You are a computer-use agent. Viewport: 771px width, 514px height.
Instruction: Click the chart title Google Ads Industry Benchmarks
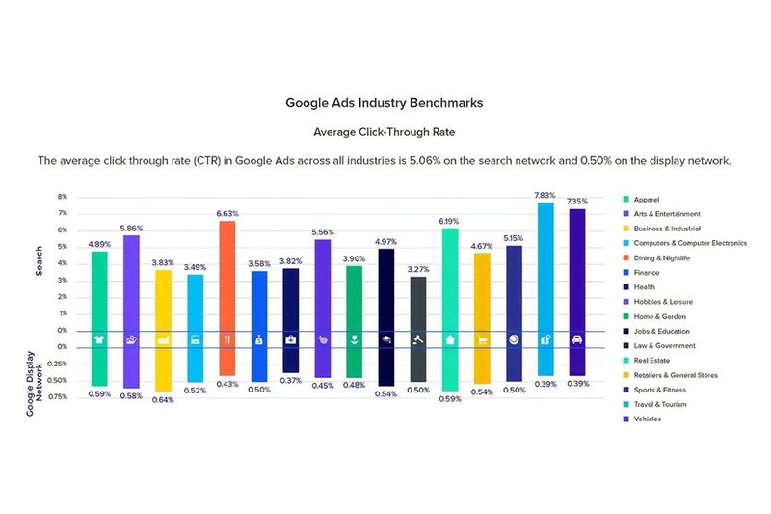(x=385, y=101)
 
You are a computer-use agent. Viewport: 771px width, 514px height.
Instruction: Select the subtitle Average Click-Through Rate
(x=385, y=130)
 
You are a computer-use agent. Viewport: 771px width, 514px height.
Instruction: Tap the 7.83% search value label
(x=545, y=194)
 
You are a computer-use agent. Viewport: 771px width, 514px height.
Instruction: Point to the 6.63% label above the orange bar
(x=227, y=212)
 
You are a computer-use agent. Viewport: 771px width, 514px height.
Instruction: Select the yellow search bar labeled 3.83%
(x=164, y=299)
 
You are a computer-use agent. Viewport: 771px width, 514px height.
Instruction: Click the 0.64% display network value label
(x=164, y=399)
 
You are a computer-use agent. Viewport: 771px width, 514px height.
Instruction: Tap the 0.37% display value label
(x=290, y=380)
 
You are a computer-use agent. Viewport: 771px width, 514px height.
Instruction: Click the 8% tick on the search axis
(x=63, y=197)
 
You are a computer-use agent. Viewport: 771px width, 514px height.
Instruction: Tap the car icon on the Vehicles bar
(x=577, y=339)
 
